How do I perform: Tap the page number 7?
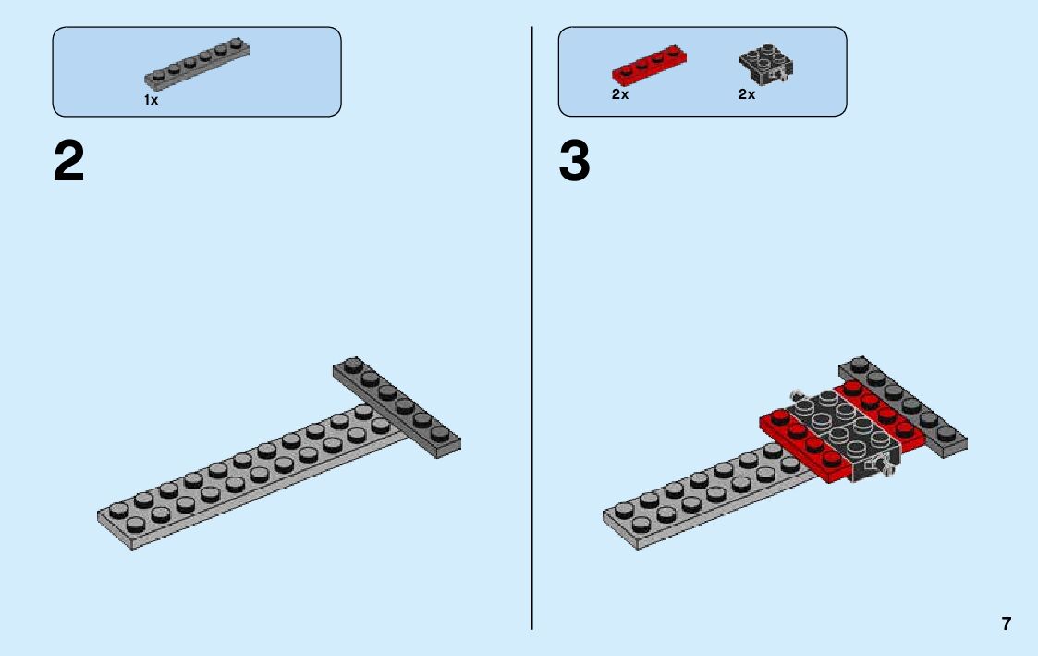tap(1007, 624)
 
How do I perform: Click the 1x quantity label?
tap(151, 100)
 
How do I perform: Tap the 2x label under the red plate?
tap(619, 94)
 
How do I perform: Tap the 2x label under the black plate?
tap(746, 94)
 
